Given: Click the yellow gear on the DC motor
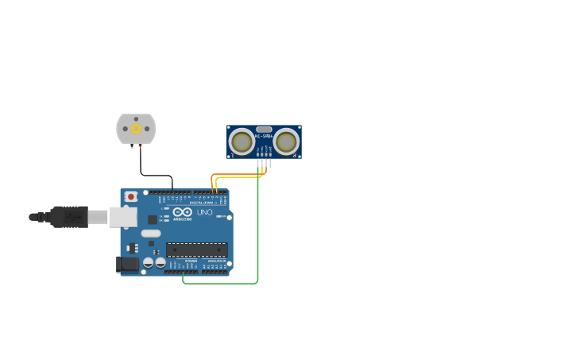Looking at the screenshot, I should [136, 128].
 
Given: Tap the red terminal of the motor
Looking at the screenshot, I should [141, 145].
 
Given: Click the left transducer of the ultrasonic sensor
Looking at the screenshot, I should [242, 141].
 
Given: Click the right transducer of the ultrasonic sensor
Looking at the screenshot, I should [286, 141].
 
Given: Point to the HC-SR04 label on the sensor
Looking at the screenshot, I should [264, 136].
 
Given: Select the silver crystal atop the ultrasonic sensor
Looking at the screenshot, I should [264, 129].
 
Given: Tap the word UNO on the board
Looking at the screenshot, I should [204, 212].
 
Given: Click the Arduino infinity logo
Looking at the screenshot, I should [182, 211].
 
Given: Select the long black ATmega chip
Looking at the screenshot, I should [197, 250].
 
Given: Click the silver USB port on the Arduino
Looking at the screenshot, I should [122, 217].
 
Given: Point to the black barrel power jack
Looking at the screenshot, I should [127, 264].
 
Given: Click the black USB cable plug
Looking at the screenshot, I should [69, 217].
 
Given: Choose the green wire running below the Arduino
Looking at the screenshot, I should [222, 283].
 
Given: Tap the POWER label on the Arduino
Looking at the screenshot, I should [191, 261].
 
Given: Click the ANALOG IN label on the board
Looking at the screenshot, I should [216, 261].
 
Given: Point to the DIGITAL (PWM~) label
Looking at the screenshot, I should [203, 203].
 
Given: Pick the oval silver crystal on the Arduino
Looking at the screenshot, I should [151, 234].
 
